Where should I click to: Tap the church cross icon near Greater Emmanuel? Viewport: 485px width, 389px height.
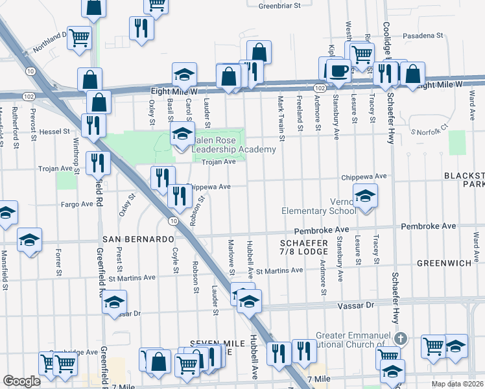point(401,338)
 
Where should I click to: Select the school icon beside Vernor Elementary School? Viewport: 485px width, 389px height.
point(365,196)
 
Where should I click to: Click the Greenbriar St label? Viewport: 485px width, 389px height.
point(281,6)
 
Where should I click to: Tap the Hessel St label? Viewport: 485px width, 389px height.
point(56,131)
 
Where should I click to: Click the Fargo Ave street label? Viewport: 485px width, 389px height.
point(77,204)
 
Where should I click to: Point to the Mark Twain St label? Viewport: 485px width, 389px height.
point(281,119)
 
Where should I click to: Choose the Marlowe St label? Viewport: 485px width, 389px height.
point(231,255)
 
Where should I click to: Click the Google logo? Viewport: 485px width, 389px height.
point(21,381)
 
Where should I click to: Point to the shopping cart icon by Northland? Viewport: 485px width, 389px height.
point(79,37)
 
